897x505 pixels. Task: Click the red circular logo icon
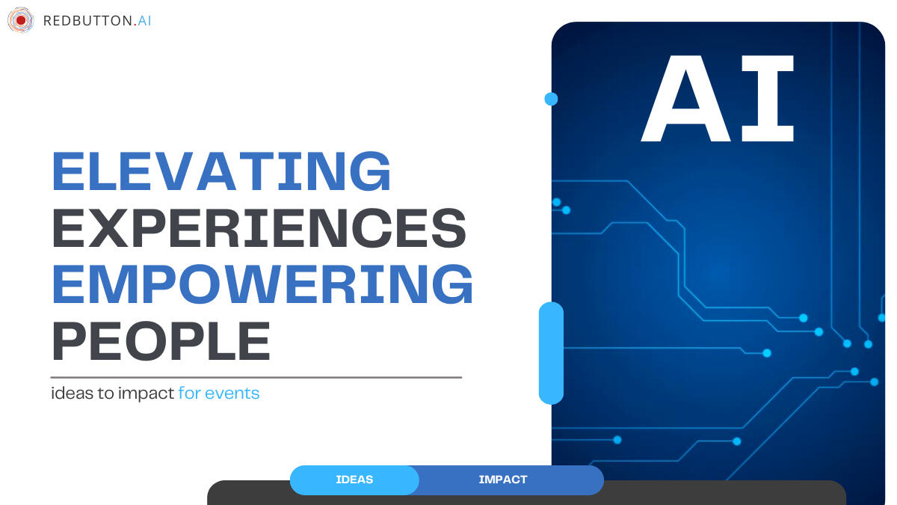(20, 20)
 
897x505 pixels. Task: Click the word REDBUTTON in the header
(87, 21)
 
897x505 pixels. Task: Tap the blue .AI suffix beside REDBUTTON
(143, 21)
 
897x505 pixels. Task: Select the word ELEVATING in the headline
(221, 171)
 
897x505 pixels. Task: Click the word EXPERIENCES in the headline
(259, 228)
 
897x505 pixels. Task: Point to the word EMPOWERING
(262, 284)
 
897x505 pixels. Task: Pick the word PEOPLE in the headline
(161, 341)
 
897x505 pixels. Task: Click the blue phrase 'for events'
(219, 394)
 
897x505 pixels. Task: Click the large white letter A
(686, 99)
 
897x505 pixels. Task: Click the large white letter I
(768, 99)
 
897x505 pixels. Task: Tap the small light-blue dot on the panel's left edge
(551, 99)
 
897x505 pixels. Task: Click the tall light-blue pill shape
(551, 353)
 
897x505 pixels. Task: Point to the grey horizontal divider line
(256, 377)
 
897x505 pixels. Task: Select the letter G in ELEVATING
(370, 171)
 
